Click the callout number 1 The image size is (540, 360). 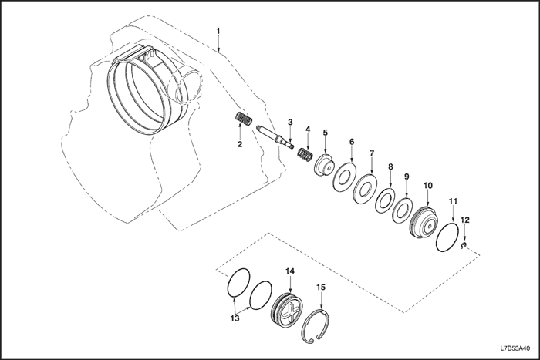coord(218,31)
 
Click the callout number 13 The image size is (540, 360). coord(237,318)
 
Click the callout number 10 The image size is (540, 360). coord(428,186)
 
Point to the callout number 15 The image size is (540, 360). coord(321,288)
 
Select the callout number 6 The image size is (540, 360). coord(352,142)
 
